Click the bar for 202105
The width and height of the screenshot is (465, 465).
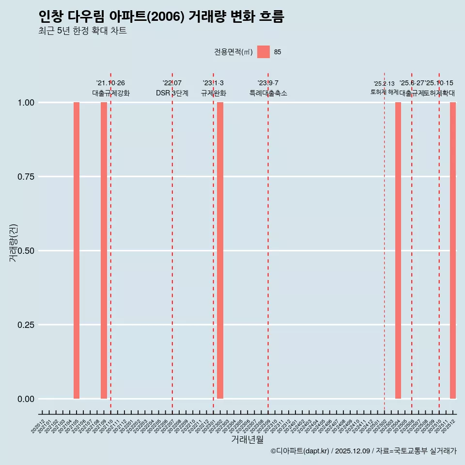point(77,250)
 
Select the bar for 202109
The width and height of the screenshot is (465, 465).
point(104,250)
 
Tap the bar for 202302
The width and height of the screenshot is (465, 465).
point(220,250)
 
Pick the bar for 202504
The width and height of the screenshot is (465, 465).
point(398,250)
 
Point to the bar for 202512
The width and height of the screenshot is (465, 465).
point(453,250)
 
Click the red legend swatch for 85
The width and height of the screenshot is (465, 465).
point(263,52)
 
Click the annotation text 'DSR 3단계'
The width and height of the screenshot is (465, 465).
point(172,93)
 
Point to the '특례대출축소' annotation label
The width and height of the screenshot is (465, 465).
point(268,93)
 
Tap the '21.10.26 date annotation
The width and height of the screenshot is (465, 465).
point(110,83)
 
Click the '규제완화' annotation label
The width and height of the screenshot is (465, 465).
point(214,93)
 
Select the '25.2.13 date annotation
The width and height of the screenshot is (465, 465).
point(384,83)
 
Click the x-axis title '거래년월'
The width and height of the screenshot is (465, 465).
point(248,440)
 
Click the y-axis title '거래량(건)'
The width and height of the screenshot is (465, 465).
point(13,243)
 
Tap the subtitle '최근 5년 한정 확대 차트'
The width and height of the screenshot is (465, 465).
point(82,31)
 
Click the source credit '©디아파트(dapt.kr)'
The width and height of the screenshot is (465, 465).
point(300,451)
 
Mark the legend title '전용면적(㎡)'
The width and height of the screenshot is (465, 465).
point(233,52)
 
